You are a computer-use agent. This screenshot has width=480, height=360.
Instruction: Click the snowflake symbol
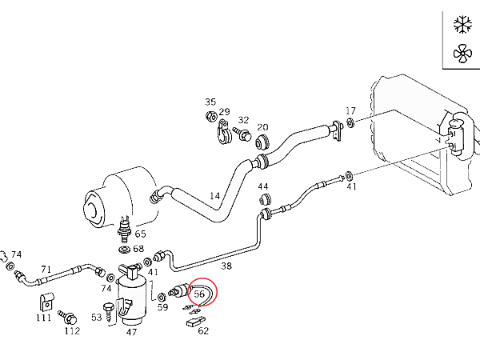462,25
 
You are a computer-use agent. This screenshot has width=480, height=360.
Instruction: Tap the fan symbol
462,54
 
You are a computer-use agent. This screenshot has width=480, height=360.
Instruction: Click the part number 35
210,102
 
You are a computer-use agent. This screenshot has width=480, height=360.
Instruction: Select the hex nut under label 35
211,116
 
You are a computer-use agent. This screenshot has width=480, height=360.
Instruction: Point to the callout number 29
224,111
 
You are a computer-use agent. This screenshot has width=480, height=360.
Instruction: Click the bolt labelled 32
242,134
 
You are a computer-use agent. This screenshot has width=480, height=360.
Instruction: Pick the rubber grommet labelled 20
263,142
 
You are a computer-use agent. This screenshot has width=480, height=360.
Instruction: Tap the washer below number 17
350,122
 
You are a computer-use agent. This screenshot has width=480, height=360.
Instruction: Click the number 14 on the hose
215,196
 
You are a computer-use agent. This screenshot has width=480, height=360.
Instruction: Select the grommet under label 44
265,199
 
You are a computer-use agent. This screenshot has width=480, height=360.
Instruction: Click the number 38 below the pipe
226,266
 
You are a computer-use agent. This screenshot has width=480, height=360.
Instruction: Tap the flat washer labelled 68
124,250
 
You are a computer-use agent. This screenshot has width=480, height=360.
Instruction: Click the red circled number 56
199,294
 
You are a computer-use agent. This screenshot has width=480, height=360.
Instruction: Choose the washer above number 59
161,297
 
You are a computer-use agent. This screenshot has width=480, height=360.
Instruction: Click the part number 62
203,330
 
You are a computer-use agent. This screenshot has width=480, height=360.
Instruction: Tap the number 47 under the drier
131,332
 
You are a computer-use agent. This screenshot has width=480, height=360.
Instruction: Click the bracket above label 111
47,302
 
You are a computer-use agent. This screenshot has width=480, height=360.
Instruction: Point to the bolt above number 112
68,318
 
